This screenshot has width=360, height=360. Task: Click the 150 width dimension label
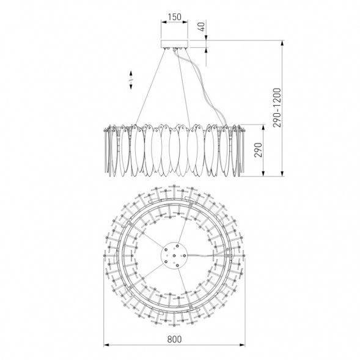(x=174, y=17)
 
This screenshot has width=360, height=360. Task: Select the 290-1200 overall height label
(x=277, y=108)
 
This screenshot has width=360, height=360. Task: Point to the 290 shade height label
(x=259, y=150)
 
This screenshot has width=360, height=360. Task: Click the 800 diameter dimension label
(x=174, y=339)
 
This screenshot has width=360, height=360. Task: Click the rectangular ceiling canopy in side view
(x=174, y=43)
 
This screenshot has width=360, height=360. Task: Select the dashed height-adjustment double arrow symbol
(x=131, y=79)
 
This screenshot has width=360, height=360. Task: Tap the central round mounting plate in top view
(x=174, y=255)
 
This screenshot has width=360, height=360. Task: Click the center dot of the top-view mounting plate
(x=174, y=255)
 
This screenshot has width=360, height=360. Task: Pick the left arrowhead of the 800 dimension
(x=106, y=345)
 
